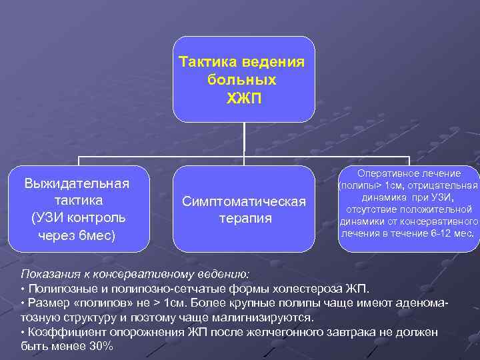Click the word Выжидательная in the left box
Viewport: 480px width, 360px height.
pos(77,183)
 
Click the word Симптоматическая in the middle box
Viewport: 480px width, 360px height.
pos(245,201)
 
